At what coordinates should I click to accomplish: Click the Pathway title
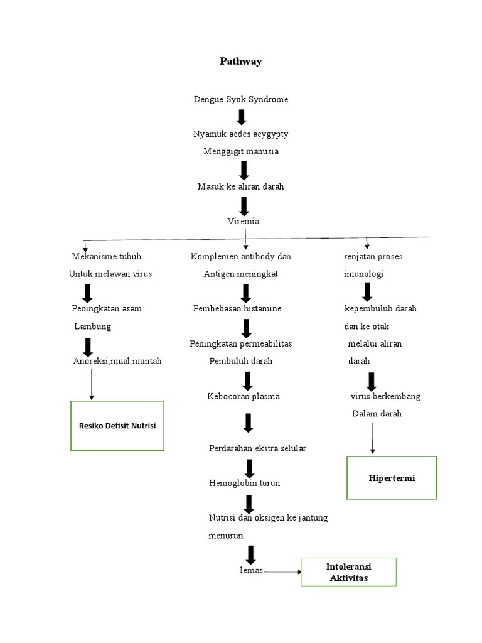pos(240,61)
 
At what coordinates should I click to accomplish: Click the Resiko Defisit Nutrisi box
pos(117,426)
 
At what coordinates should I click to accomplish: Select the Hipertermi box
pos(392,478)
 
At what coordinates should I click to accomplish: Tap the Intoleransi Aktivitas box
pos(348,571)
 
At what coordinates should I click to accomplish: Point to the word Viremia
pos(243,221)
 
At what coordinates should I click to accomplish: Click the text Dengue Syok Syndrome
pos(241,99)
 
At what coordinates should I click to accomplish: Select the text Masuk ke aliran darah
pos(241,186)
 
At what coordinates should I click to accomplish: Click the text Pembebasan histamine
pos(237,308)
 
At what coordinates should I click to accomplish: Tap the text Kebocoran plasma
pos(244,396)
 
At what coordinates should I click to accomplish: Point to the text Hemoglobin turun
pos(245,483)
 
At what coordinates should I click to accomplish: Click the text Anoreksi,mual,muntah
pos(117,361)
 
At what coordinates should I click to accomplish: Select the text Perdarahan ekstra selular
pos(257,448)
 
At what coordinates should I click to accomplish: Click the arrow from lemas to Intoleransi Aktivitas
pos(282,571)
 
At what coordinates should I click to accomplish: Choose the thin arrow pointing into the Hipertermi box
pos(373,437)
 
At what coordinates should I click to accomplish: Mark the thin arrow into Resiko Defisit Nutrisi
pos(92,383)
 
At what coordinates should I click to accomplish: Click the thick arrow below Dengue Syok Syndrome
pos(242,117)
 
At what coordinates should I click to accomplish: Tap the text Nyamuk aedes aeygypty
pos(241,134)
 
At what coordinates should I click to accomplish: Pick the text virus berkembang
pos(385,396)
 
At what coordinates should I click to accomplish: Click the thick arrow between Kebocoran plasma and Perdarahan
pos(248,423)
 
